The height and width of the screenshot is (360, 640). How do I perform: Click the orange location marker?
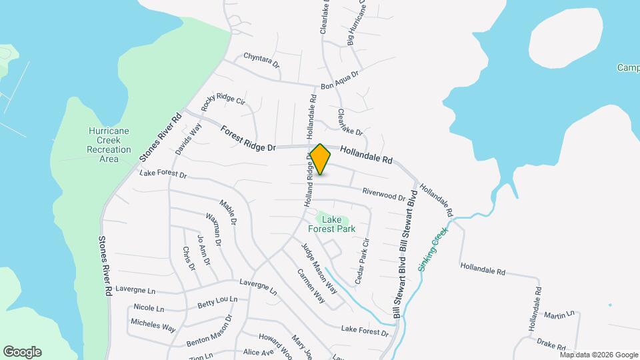point(320,159)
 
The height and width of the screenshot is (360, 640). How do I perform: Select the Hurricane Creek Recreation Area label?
point(109,145)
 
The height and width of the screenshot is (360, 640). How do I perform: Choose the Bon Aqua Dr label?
point(340,80)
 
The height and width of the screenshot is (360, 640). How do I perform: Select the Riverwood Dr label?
point(383,193)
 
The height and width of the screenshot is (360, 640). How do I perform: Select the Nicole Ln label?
point(149,308)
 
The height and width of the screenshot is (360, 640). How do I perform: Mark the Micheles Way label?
point(153,325)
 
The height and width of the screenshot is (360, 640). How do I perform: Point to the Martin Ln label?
point(559,314)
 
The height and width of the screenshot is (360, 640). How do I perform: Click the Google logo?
point(22,352)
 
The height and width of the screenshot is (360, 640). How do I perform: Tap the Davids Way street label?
point(188,141)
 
